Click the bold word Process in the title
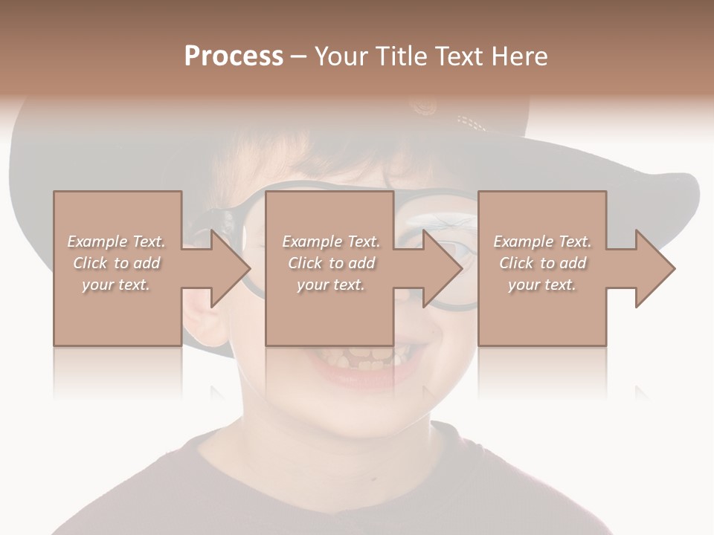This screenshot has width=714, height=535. point(234,56)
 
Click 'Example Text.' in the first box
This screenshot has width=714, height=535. point(116,241)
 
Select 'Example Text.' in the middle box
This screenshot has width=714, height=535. point(331,241)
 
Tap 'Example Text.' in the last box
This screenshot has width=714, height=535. point(542,241)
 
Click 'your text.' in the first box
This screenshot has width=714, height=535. point(116,285)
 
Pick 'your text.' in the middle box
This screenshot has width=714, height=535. point(331,285)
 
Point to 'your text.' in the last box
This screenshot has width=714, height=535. point(542,285)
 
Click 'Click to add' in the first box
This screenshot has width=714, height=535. point(116,263)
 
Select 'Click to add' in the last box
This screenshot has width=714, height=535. point(542,263)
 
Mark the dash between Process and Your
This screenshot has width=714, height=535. point(299,56)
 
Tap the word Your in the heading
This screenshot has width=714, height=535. point(340,56)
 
